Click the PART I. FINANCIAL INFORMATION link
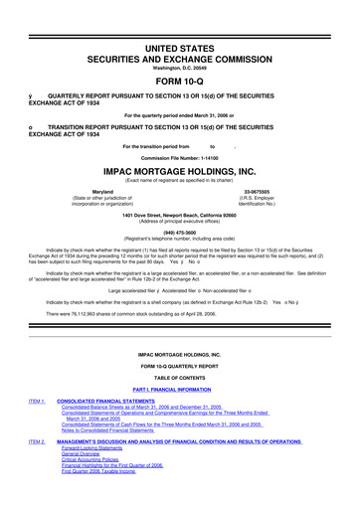coord(179,389)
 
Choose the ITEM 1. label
coord(38,401)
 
